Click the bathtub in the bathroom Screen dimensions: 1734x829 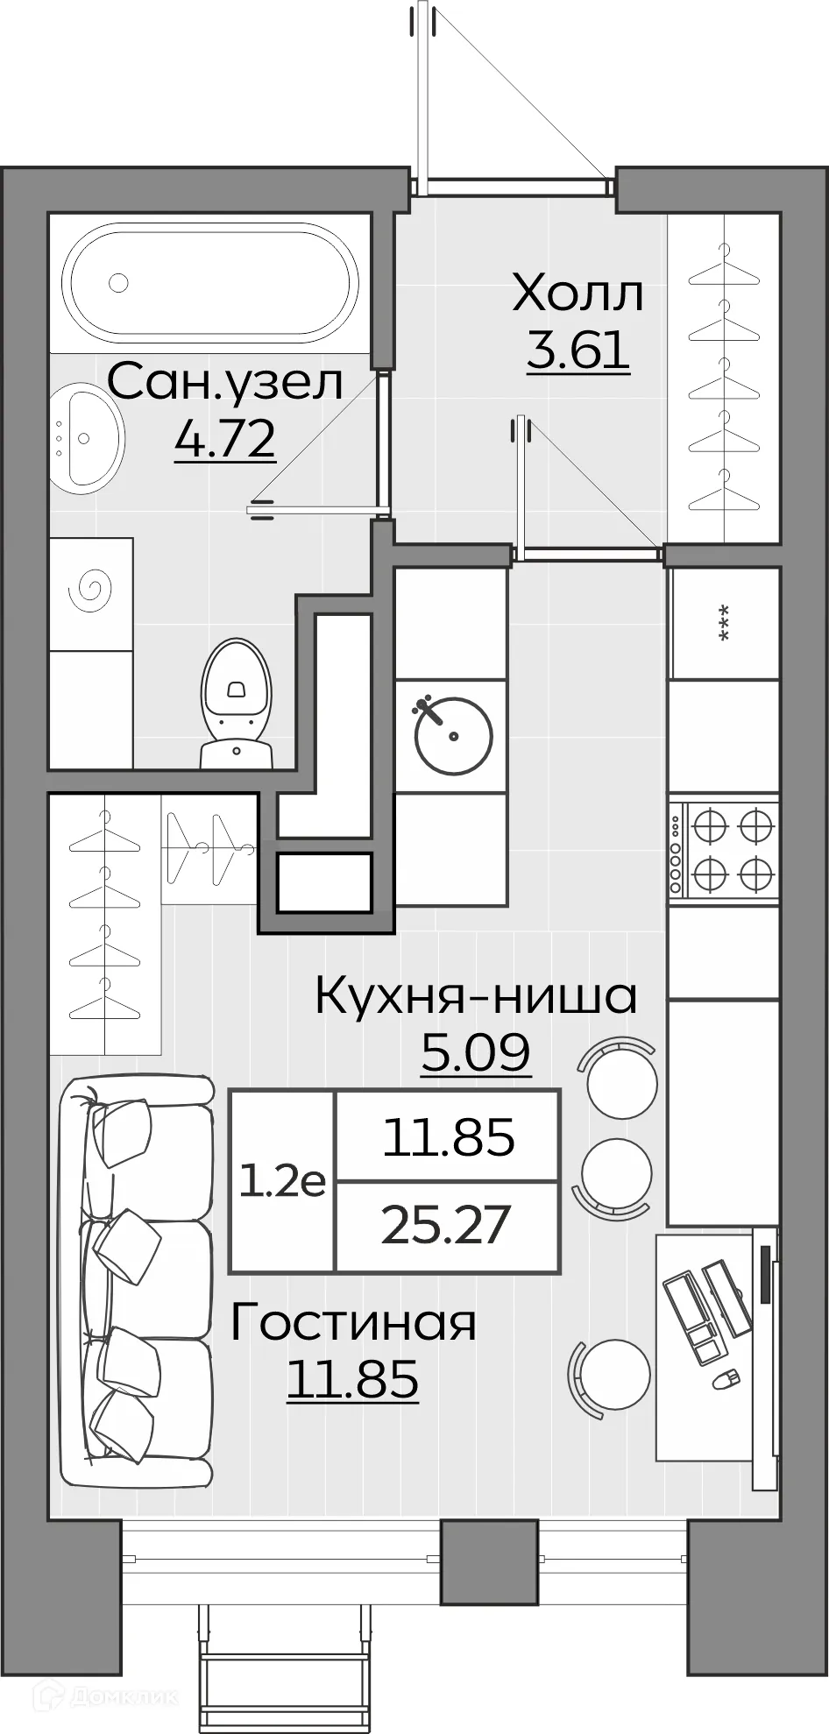[210, 282]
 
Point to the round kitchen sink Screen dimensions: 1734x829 [452, 736]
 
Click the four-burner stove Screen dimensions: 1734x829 [725, 848]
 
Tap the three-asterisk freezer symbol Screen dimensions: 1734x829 [724, 623]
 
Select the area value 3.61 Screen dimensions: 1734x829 [578, 350]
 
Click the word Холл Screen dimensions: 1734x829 [578, 294]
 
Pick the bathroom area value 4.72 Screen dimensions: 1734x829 [225, 439]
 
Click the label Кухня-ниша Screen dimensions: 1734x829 [476, 995]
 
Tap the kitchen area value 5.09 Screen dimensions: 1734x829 [476, 1052]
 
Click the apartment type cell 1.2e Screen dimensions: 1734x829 [282, 1181]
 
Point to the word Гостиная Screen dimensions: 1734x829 [353, 1322]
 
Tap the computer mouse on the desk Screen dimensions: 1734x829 [723, 1381]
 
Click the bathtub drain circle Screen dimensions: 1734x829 [117, 282]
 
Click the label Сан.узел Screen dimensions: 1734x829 [225, 383]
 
